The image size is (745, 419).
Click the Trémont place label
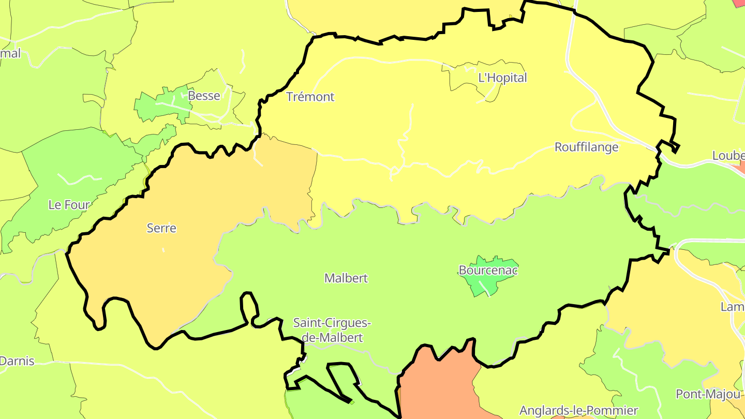click(x=310, y=97)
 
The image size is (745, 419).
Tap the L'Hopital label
click(x=502, y=78)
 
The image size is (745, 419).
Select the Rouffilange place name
click(x=586, y=147)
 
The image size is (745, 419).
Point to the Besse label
click(x=204, y=96)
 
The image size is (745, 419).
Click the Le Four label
click(x=69, y=205)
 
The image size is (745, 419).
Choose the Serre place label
click(x=161, y=228)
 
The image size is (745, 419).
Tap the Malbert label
click(x=346, y=278)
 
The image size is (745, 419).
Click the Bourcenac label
click(x=488, y=270)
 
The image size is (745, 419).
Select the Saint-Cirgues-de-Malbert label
click(x=332, y=330)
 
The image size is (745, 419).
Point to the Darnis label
click(x=17, y=361)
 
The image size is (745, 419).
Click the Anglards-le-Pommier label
click(x=578, y=411)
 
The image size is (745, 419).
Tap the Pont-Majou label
click(x=708, y=394)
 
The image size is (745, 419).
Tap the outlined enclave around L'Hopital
click(x=466, y=78)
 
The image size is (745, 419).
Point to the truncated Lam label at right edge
click(x=732, y=307)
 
